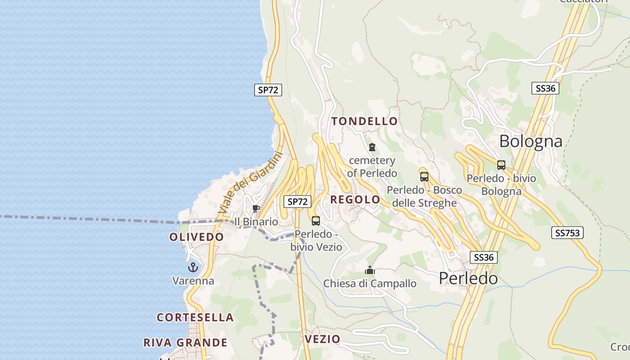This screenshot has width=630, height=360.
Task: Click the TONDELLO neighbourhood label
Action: pos(364,121)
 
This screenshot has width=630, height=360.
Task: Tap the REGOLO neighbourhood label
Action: pos(355,199)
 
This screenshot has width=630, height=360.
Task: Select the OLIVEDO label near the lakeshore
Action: pos(196,237)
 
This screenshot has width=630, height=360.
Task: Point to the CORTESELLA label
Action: pos(195,317)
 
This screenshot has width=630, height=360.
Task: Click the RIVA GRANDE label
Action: pos(185,342)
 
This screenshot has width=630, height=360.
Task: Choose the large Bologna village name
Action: pos(531,141)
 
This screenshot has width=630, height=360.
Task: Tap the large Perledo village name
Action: pos(468,278)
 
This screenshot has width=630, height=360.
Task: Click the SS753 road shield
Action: pos(567,233)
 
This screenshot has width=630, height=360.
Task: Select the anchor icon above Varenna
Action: pos(193,267)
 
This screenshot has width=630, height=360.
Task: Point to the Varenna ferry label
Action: pos(193,281)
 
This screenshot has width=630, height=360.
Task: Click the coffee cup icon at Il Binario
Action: pos(256,208)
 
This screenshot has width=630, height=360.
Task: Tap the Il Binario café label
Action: pos(256,221)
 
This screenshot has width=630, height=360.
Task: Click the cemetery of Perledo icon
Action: pos(372,147)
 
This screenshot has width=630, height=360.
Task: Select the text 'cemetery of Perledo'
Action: pos(372,166)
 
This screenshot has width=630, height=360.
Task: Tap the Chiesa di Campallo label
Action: pos(370,283)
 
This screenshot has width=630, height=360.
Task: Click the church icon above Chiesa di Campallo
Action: pos(370,270)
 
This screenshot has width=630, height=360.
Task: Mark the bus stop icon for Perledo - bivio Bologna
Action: pos(501,165)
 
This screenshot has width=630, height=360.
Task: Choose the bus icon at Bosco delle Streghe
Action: pos(424,177)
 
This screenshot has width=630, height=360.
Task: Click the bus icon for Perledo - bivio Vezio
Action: pos(316,220)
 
